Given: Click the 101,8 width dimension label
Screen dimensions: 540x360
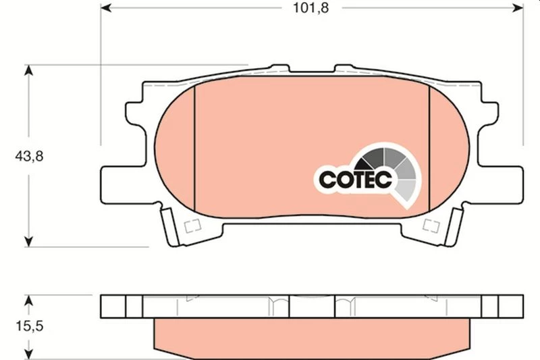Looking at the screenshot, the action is [310, 7].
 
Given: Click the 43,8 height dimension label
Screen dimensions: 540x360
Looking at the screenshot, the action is [29, 157].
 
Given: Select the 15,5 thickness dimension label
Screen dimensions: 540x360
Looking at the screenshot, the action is [30, 326].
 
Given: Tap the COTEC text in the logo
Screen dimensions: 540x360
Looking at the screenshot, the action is [356, 179].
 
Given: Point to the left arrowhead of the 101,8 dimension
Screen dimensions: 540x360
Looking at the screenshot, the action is [106, 7].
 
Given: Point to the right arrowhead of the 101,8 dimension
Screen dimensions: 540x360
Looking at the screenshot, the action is [518, 7].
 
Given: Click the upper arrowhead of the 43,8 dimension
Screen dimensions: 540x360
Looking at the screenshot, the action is [29, 70].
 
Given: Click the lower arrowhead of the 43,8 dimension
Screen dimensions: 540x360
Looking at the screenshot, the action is [29, 242].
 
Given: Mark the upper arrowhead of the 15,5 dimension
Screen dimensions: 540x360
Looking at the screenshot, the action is [29, 301].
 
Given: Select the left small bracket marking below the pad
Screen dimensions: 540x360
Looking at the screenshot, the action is [192, 226].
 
